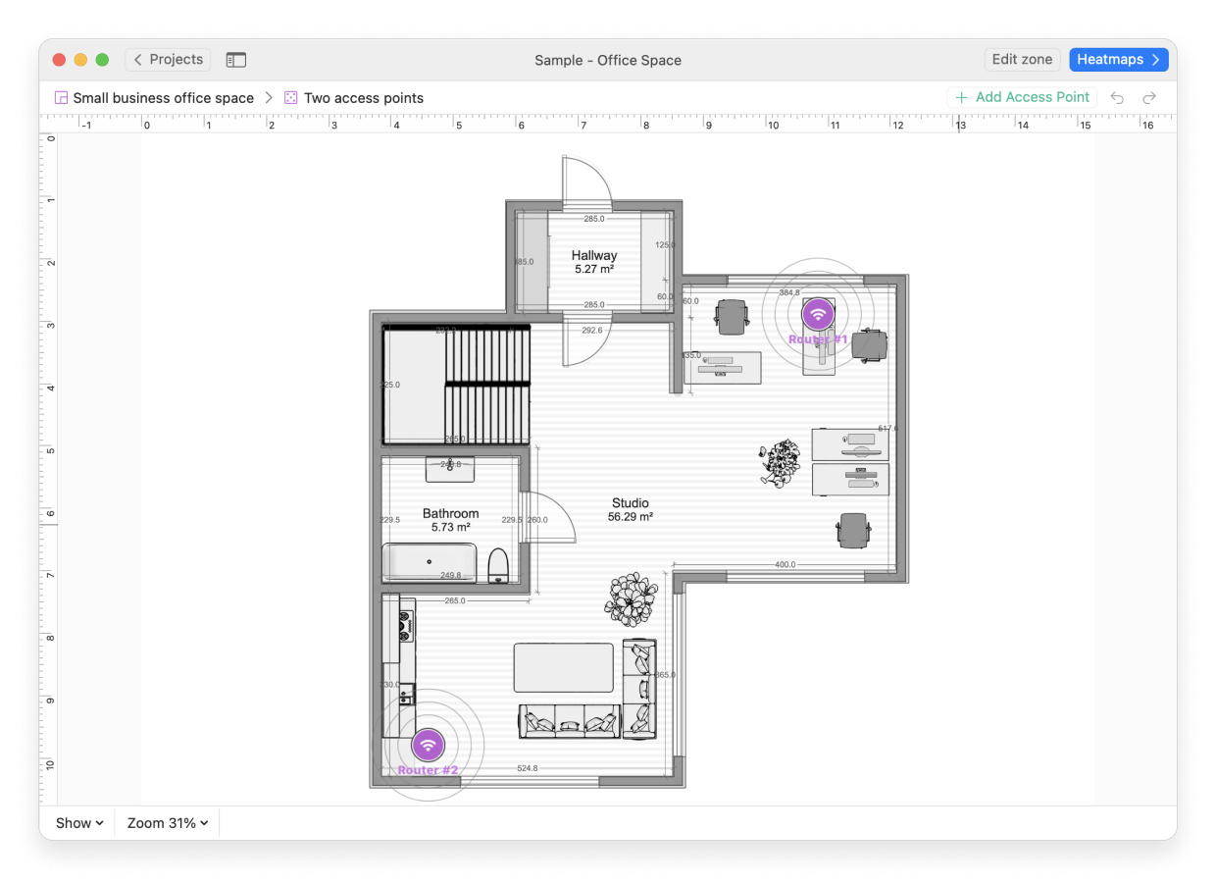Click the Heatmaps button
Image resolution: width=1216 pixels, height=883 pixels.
[1118, 60]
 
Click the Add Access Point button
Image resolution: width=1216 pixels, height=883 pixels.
[1022, 97]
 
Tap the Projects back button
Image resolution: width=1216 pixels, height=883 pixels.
[168, 60]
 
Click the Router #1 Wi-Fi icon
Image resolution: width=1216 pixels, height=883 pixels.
[818, 314]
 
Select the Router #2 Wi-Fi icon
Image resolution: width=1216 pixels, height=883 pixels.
[428, 746]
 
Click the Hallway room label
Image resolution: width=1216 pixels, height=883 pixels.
[594, 261]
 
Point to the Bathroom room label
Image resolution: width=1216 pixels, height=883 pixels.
[450, 519]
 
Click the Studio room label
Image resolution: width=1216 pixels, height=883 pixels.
[630, 509]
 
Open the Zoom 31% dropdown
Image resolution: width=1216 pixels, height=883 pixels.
[167, 823]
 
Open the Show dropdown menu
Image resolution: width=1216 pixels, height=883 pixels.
[79, 823]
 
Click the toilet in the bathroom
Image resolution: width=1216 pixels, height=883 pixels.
[498, 565]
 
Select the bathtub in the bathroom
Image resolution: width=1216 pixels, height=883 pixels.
[430, 563]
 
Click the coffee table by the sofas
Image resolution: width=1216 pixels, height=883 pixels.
[563, 667]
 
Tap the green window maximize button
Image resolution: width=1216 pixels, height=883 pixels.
[102, 60]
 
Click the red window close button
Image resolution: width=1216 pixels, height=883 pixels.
[59, 60]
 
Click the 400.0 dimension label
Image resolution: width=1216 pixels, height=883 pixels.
[785, 565]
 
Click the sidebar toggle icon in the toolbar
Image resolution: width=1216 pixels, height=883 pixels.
[235, 60]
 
